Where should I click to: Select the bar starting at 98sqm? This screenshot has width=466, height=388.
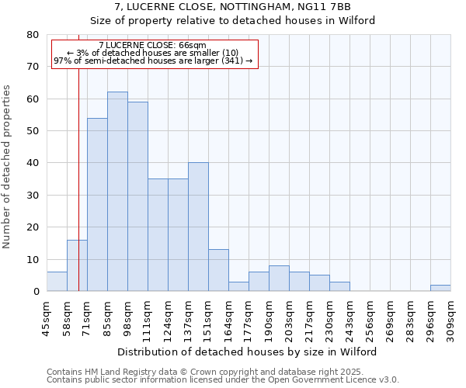click(137, 196)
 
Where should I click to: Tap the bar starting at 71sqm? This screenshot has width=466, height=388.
click(97, 205)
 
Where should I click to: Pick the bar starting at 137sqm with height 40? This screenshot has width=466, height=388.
click(198, 227)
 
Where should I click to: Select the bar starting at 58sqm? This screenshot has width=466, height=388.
click(77, 265)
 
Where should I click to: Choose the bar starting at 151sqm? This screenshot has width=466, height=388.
click(218, 270)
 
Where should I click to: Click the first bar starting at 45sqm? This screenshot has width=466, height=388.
click(57, 282)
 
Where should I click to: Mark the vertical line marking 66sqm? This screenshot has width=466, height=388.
click(79, 194)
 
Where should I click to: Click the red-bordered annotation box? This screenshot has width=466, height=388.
click(154, 54)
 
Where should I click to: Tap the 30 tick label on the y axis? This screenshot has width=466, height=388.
click(33, 196)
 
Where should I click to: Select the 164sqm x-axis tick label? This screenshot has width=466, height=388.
click(228, 317)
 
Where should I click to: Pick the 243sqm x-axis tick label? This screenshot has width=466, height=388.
click(349, 317)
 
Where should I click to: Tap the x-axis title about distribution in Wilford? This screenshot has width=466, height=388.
click(249, 352)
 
